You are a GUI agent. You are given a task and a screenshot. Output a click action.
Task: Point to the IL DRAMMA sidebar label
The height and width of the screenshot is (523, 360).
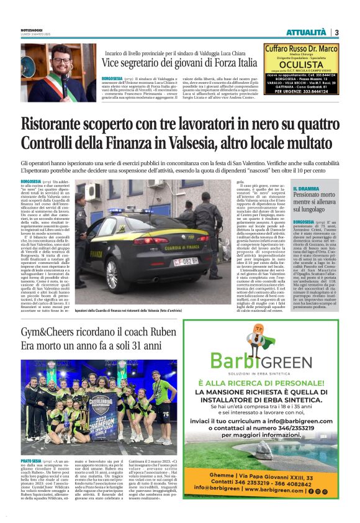coord(306,188)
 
